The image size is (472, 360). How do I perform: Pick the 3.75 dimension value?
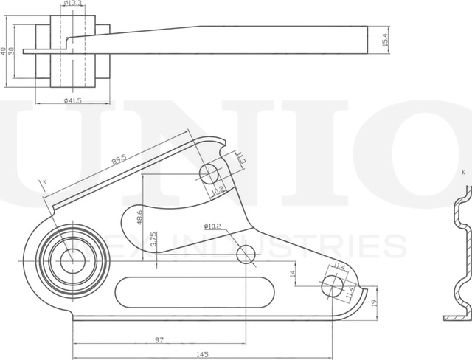pos(153,240)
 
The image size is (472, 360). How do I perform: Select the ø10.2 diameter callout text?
pos(213,226)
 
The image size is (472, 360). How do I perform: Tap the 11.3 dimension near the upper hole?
pos(240,157)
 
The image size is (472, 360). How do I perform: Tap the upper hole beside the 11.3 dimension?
pos(209,175)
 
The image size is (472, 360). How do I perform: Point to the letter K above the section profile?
pos(463,173)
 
